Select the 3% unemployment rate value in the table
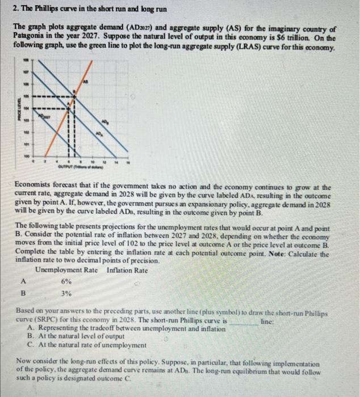(x=66, y=294)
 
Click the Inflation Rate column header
(x=127, y=270)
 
